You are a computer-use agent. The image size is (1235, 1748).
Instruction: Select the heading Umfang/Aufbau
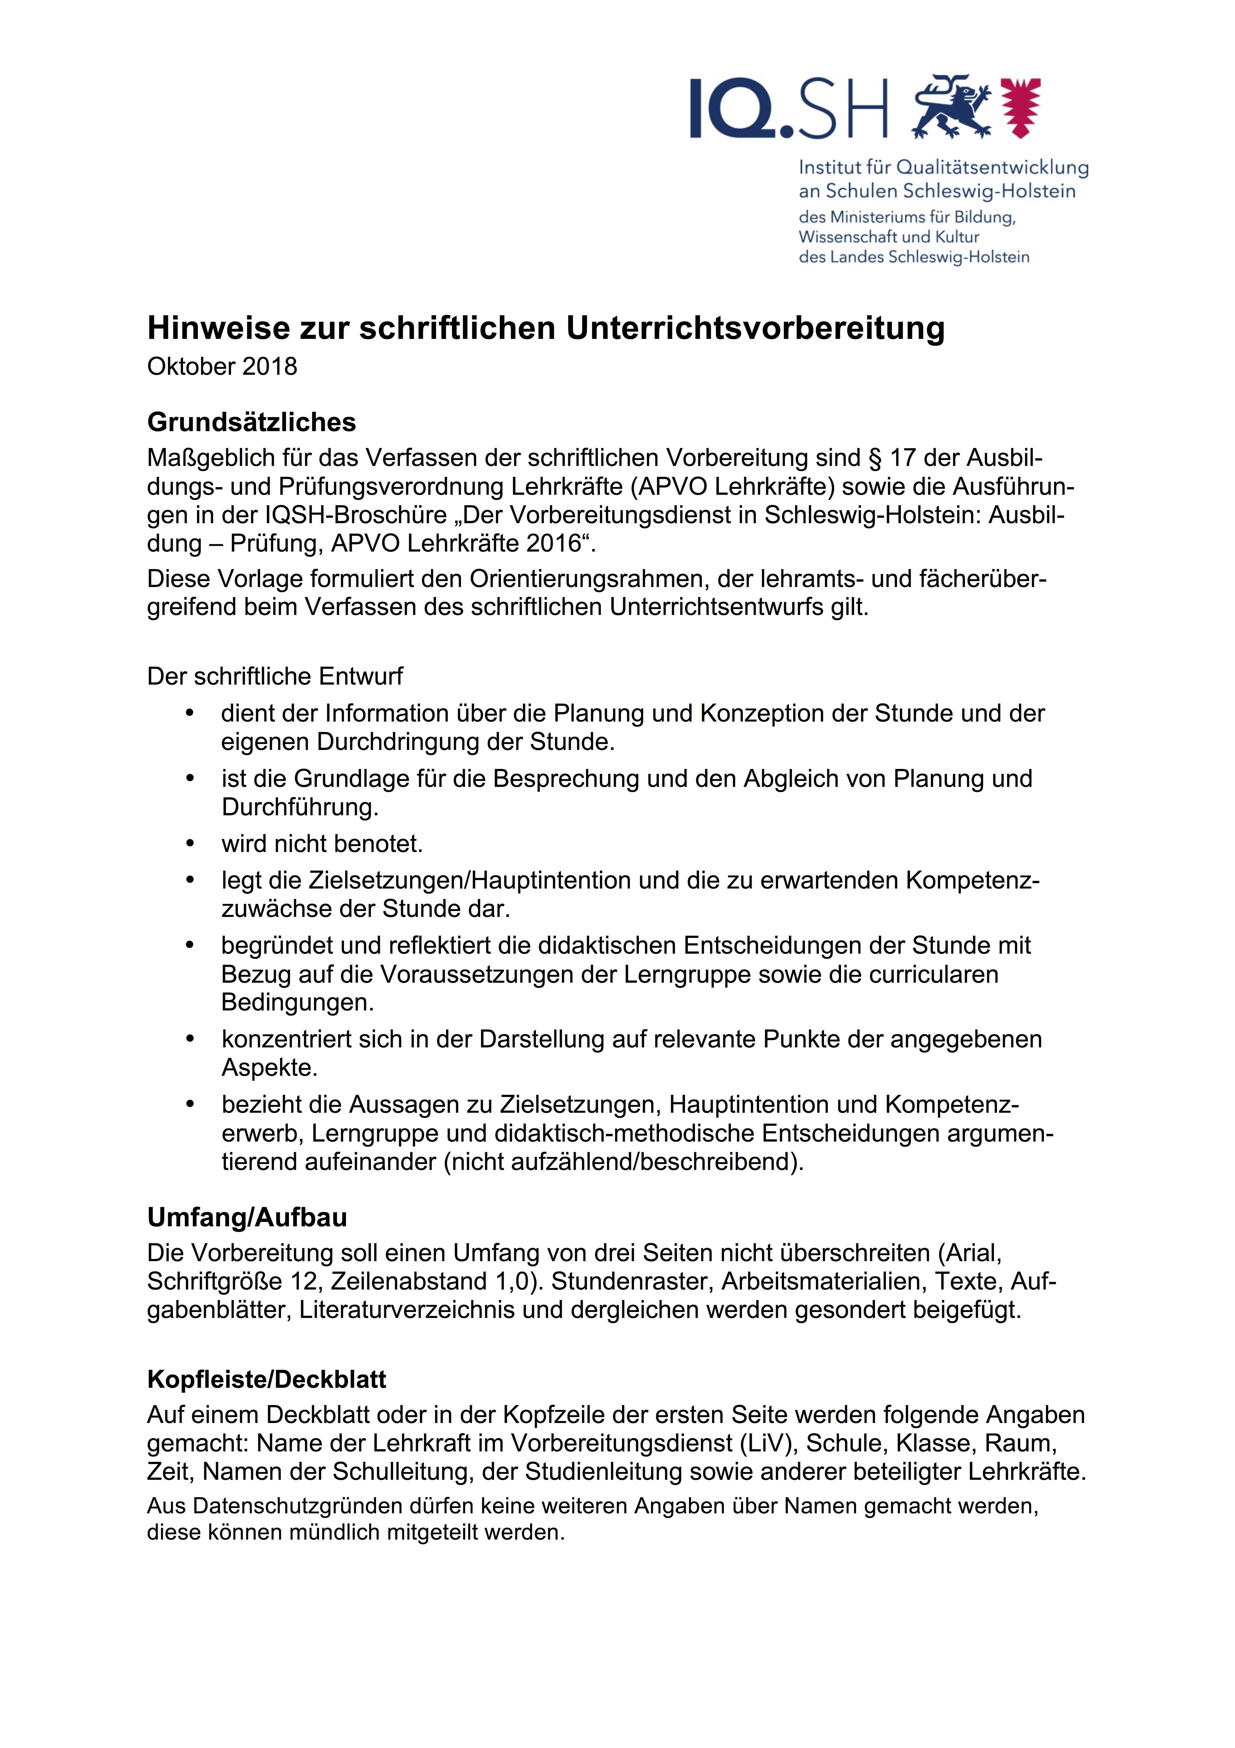coord(247,1217)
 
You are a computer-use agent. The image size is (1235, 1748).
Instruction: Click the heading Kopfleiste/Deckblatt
coord(266,1379)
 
